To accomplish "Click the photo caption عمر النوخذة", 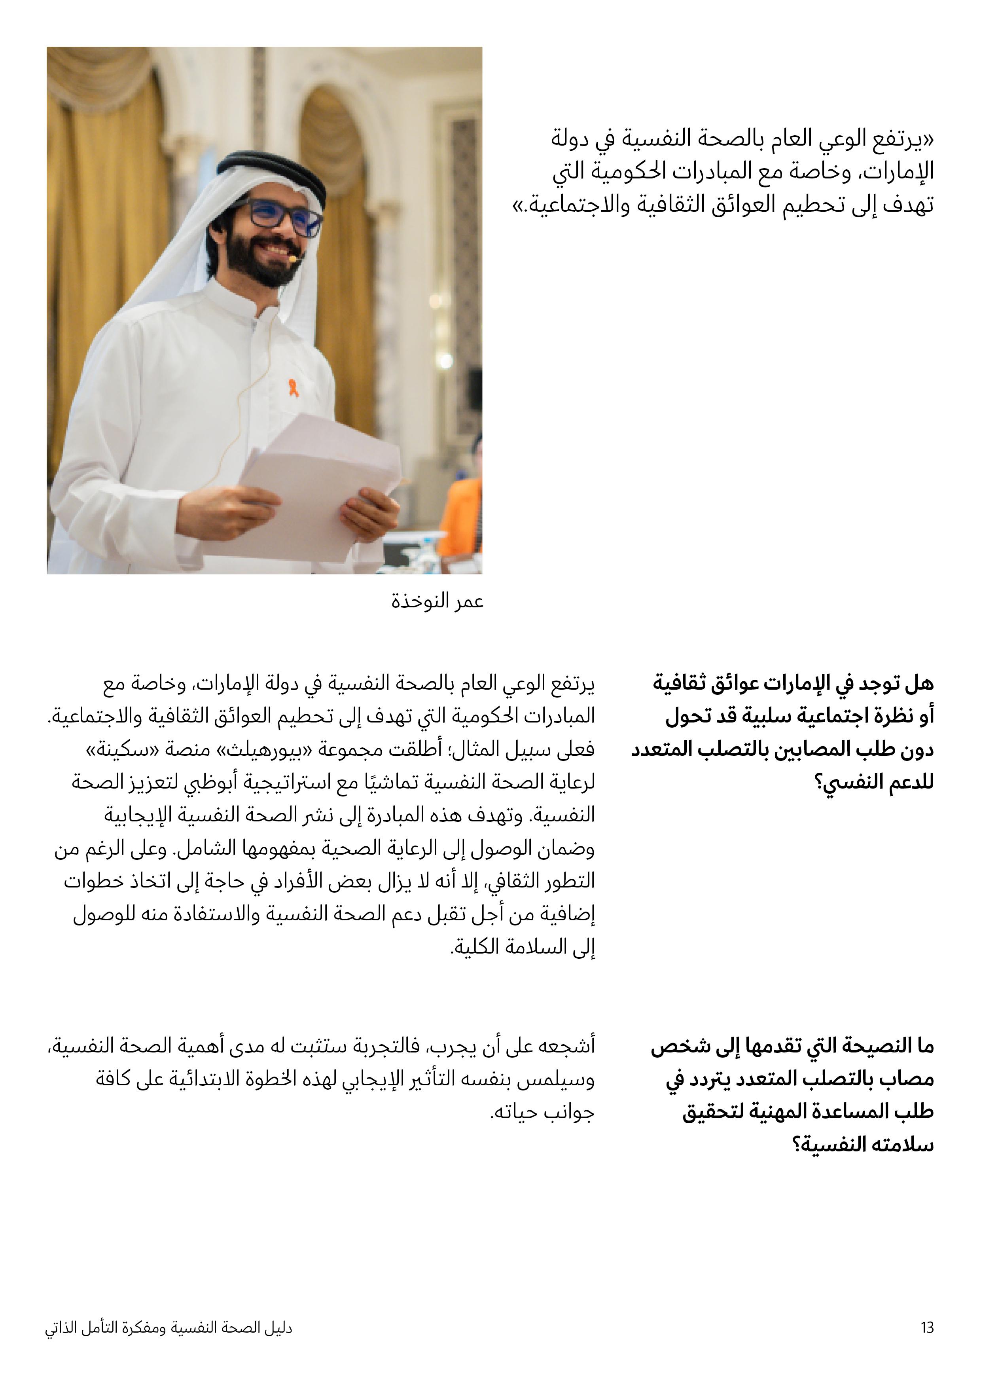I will [437, 601].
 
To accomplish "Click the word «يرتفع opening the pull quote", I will [902, 140].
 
